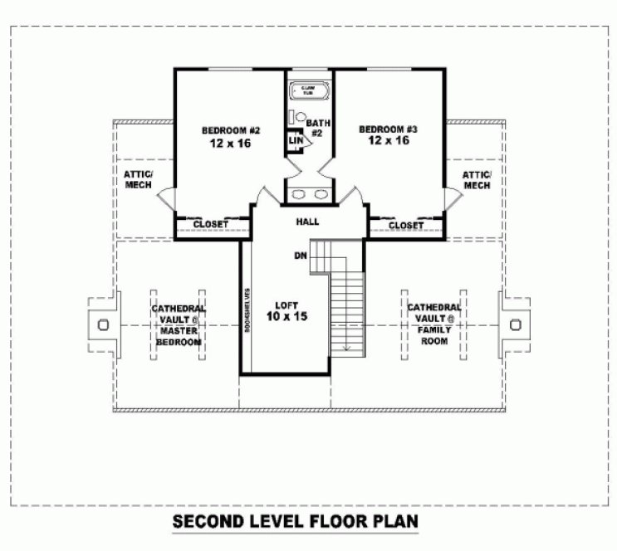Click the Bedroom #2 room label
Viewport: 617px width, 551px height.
pyautogui.click(x=232, y=130)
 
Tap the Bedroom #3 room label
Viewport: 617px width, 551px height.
pyautogui.click(x=388, y=129)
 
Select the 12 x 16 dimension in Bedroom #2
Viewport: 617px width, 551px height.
pyautogui.click(x=232, y=143)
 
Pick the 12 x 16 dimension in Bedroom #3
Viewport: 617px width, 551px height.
pyautogui.click(x=389, y=141)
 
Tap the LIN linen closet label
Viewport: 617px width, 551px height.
pyautogui.click(x=294, y=141)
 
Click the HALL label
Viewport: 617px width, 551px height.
pyautogui.click(x=307, y=222)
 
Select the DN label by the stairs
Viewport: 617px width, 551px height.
pyautogui.click(x=300, y=256)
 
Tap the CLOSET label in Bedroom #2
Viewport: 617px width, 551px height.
pyautogui.click(x=210, y=225)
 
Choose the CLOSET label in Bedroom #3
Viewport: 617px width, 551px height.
pyautogui.click(x=406, y=225)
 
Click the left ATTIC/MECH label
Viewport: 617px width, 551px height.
pyautogui.click(x=138, y=179)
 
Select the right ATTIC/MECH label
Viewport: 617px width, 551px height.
pyautogui.click(x=477, y=179)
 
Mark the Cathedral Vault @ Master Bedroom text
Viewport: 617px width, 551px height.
pyautogui.click(x=178, y=325)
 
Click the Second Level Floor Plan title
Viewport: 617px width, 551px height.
pyautogui.click(x=295, y=523)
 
